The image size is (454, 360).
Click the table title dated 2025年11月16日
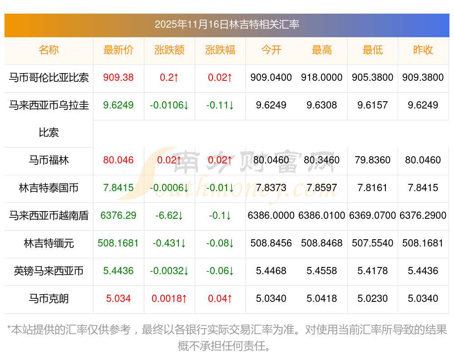pos(227,25)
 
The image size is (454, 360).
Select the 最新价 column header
pos(118,50)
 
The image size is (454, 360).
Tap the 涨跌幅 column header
pos(220,50)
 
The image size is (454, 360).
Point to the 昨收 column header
pos(423,50)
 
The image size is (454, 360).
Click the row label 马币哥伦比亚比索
pos(49,78)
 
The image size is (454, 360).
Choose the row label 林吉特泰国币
pos(49,188)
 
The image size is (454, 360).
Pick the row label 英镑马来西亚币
pos(49,271)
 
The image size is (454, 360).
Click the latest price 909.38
pos(118,78)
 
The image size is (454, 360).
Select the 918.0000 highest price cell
pos(322,78)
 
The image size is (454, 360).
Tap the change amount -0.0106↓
pos(169,105)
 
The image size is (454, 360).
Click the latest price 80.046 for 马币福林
pos(118,160)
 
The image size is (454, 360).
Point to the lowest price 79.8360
pos(373,160)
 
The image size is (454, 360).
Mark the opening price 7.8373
pos(271,188)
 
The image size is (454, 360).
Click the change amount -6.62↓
pos(169,216)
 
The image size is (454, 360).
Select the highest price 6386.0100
pos(322,216)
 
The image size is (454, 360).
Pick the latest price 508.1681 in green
pos(118,243)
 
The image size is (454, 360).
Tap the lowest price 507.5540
pos(373,243)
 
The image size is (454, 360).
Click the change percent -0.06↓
pos(220,271)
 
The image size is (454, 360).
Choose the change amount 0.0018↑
pos(169,299)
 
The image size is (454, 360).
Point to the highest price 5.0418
pos(322,299)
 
